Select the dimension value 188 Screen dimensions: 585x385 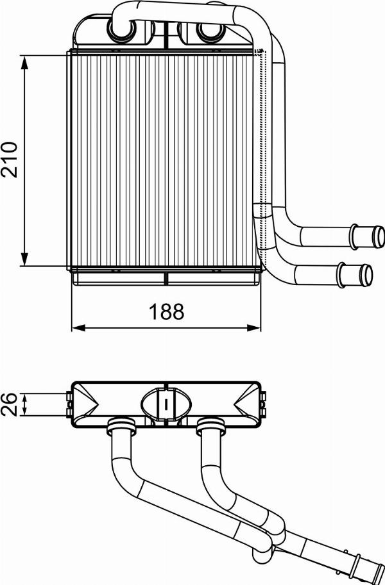[x=166, y=311]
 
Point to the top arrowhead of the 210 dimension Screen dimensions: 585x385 [x=25, y=62]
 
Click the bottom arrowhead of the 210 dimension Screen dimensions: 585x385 [x=25, y=259]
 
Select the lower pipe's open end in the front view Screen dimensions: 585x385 [x=365, y=275]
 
